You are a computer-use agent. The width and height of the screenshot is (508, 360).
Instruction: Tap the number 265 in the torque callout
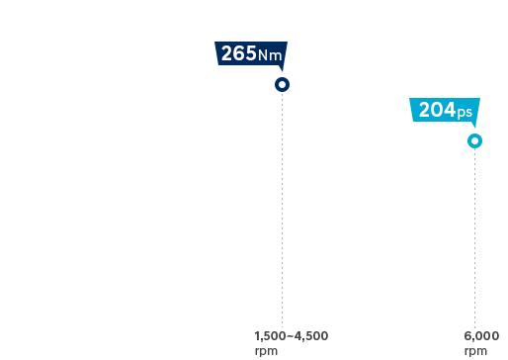point(238,53)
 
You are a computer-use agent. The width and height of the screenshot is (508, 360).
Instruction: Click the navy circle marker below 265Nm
point(282,85)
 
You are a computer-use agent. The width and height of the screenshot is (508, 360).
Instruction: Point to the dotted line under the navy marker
point(282,208)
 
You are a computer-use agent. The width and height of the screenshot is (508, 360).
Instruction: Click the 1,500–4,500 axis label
point(291,336)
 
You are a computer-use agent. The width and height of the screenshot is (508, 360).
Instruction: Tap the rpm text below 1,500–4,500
point(265,350)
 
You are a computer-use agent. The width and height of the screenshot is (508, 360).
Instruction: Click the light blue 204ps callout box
point(445,110)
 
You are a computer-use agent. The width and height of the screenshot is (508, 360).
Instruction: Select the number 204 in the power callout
point(437,110)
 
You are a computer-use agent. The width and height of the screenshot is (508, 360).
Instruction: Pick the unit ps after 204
point(465,112)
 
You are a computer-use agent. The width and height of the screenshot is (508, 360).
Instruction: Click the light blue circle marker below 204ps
point(474,141)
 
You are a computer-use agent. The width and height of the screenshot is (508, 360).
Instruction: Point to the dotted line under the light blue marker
point(474,237)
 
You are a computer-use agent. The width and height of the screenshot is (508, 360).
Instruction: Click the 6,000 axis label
point(481,336)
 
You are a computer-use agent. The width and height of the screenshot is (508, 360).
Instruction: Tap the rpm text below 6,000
point(475,350)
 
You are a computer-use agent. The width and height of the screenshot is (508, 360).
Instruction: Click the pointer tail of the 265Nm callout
point(282,68)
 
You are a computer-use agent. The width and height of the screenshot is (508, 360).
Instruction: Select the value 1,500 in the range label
point(270,336)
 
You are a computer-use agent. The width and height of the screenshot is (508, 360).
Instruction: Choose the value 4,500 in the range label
point(312,336)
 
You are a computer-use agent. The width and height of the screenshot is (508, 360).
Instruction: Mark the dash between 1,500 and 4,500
point(291,336)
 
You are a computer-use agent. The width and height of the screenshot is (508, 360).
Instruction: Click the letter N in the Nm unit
point(264,55)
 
